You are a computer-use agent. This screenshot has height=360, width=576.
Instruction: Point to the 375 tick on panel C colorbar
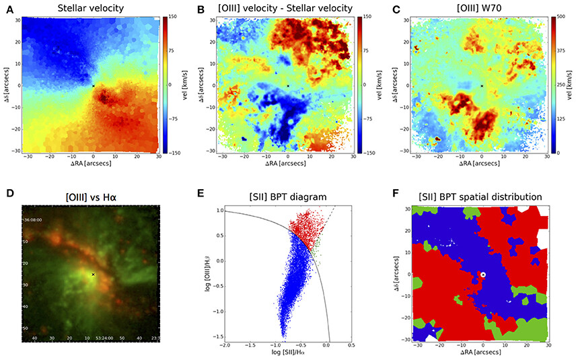[564, 50]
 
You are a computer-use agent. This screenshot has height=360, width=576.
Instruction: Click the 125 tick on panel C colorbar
[564, 118]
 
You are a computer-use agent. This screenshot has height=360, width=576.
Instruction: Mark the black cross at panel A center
[93, 85]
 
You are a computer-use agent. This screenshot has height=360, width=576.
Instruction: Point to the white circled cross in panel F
[482, 274]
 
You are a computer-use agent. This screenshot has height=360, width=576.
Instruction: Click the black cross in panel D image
[93, 275]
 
